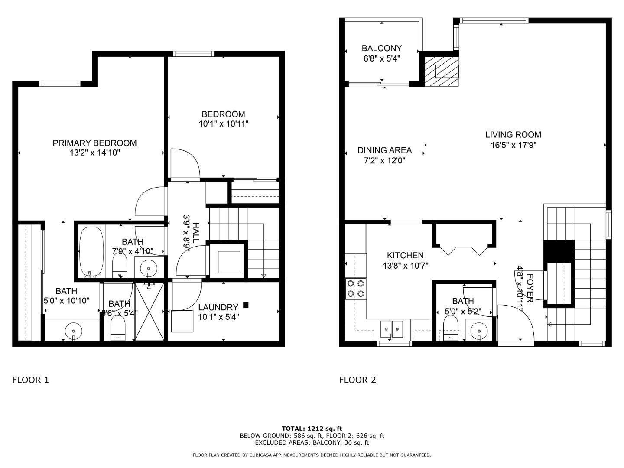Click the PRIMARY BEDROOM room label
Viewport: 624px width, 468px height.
click(94, 143)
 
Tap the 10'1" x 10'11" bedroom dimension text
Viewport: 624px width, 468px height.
click(223, 124)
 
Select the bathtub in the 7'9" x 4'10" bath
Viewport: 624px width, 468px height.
click(91, 251)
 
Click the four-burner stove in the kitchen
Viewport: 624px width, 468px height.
click(355, 289)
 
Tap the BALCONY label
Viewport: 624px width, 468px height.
click(381, 48)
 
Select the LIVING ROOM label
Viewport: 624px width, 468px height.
click(513, 135)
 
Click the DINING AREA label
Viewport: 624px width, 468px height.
click(384, 150)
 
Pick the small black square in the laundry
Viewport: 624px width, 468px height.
click(246, 305)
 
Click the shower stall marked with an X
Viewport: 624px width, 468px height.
click(149, 312)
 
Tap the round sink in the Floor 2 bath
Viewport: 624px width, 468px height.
click(479, 329)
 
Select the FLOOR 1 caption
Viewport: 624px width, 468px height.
click(30, 380)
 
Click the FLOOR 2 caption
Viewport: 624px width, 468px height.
click(357, 380)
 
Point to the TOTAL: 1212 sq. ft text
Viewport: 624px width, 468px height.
click(312, 429)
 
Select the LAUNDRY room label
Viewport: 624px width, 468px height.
click(218, 307)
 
